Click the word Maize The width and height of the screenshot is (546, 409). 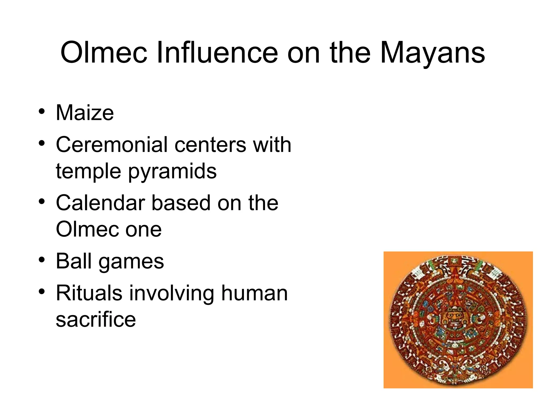coord(85,113)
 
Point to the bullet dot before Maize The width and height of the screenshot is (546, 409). coord(41,112)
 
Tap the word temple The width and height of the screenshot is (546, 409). coord(88,172)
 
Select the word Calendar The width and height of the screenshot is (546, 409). coord(100,203)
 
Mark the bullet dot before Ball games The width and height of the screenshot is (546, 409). coord(41,260)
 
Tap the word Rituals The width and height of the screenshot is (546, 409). coord(89,293)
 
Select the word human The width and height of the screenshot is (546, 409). coord(254,293)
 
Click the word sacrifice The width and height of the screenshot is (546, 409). coord(96,319)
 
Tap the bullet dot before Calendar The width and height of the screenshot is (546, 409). coord(41,202)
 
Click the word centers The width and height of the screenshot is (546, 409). coord(210,145)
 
